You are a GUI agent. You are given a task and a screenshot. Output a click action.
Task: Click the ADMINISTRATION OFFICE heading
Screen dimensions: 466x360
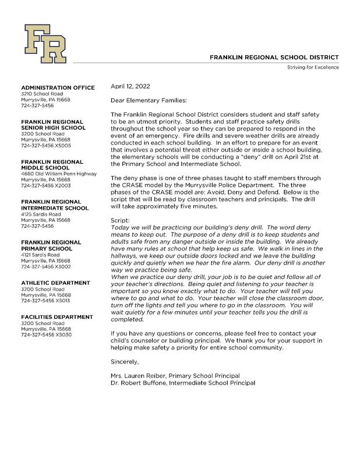pyautogui.click(x=58, y=87)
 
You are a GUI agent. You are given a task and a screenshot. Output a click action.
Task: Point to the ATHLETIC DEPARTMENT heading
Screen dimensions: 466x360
pyautogui.click(x=55, y=283)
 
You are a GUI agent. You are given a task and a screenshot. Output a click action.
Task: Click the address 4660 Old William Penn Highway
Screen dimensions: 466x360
pyautogui.click(x=59, y=173)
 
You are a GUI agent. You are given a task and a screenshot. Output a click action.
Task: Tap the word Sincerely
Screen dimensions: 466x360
pyautogui.click(x=125, y=362)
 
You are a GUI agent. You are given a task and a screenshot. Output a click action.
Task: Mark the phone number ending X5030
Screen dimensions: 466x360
pyautogui.click(x=46, y=335)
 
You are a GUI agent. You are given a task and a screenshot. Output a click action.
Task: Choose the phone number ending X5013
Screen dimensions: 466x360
pyautogui.click(x=46, y=301)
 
